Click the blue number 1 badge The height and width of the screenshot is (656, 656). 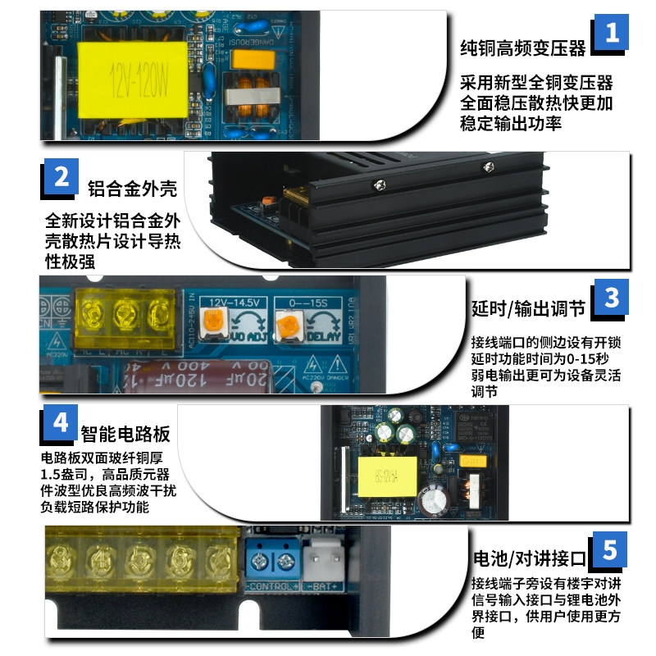[x=611, y=34]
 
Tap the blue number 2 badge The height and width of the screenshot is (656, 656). [x=60, y=178]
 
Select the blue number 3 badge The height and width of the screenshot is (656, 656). [x=612, y=298]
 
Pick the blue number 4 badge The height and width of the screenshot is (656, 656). [x=60, y=424]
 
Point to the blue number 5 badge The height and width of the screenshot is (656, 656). [x=611, y=549]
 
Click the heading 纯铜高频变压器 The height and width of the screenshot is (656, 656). [x=522, y=48]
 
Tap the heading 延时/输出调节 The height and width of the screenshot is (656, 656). [x=527, y=309]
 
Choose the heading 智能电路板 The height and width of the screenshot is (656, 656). [x=125, y=432]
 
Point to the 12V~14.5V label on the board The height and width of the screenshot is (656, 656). [x=235, y=302]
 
